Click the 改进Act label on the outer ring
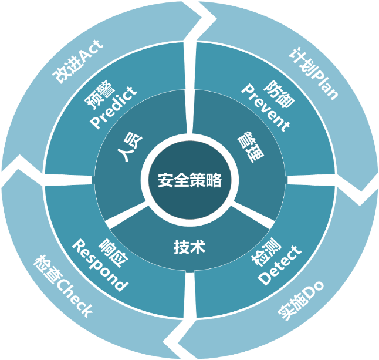[76, 61]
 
